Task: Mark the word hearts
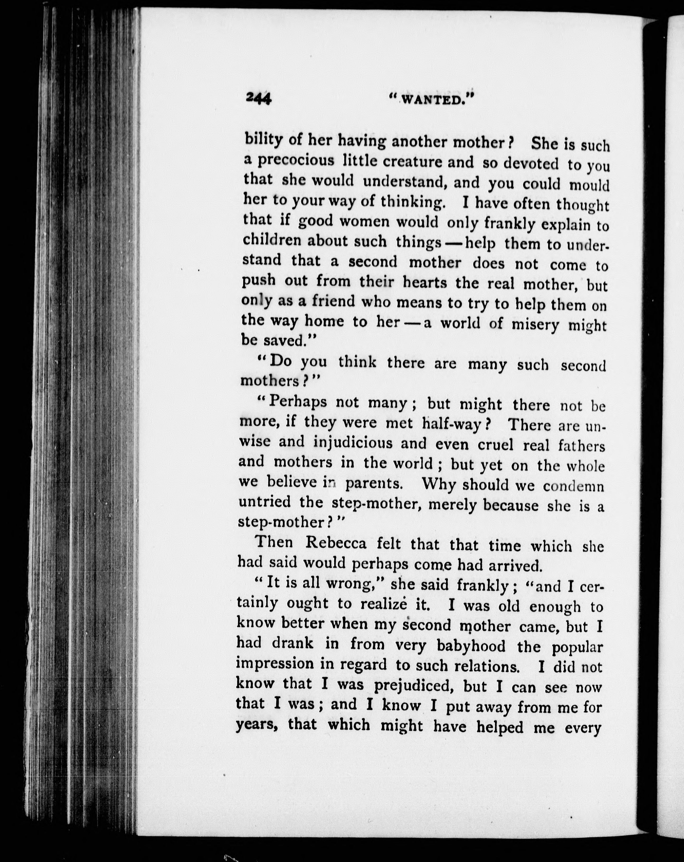pyautogui.click(x=424, y=283)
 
